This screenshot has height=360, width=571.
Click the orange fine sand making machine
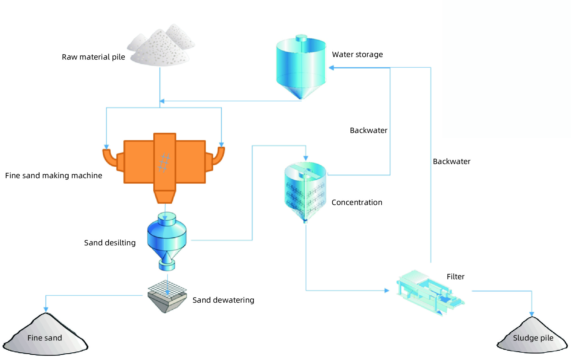click(x=165, y=162)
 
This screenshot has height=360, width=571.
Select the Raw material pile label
click(x=93, y=57)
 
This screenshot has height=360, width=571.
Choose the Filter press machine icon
click(x=430, y=292)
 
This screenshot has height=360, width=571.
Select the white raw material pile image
click(x=161, y=47)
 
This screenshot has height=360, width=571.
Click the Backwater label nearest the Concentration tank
click(x=369, y=130)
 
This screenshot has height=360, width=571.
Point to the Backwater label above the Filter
click(x=452, y=162)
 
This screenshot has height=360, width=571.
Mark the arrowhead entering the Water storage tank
click(x=332, y=68)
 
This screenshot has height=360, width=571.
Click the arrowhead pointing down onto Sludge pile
click(x=532, y=314)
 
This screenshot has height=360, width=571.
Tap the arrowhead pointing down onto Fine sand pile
click(x=46, y=309)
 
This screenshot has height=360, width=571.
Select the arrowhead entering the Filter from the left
click(x=387, y=291)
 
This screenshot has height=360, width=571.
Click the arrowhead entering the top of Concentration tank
click(x=306, y=158)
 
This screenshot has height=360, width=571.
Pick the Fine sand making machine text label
click(x=54, y=176)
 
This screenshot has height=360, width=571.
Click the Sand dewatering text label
click(x=223, y=300)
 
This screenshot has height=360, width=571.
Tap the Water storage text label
click(x=358, y=54)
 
